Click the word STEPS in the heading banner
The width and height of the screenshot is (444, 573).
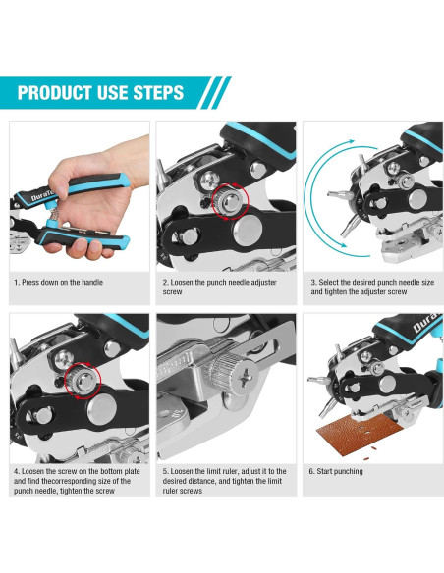tap(158, 93)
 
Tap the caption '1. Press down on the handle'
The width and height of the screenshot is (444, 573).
tap(59, 283)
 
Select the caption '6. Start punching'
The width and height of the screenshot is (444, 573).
tap(336, 471)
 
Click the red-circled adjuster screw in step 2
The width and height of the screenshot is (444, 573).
tap(230, 201)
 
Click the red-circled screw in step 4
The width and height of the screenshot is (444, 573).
tap(83, 381)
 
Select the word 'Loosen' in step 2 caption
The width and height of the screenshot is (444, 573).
tap(181, 283)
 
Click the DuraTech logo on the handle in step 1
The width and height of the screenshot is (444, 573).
tap(38, 197)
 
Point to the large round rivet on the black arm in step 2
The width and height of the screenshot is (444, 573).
tap(248, 230)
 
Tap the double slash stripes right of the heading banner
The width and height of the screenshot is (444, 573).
tap(215, 92)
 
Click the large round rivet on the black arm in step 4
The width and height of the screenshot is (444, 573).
tap(102, 409)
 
